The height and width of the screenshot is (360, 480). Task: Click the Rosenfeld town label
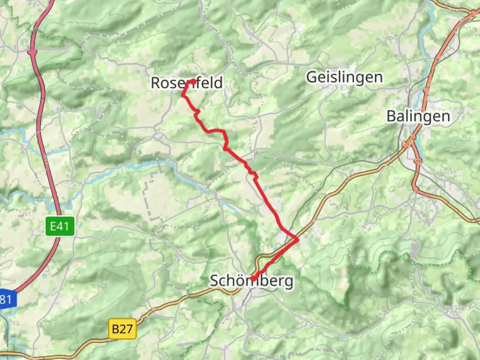click(187, 83)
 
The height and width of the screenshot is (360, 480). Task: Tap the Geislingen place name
click(344, 77)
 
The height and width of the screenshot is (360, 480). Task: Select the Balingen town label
click(418, 116)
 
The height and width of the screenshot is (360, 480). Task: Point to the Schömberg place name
click(252, 281)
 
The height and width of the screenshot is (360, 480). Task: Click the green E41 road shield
click(60, 227)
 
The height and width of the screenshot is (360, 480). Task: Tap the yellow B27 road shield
click(122, 329)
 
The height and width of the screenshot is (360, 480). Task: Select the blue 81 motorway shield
click(6, 299)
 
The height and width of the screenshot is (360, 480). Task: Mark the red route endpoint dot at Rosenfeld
click(194, 81)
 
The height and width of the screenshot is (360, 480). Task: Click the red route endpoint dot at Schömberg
click(253, 278)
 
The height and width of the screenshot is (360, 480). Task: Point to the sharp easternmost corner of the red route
click(298, 239)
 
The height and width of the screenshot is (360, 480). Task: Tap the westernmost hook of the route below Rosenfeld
click(183, 96)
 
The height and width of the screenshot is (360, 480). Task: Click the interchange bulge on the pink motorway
click(32, 52)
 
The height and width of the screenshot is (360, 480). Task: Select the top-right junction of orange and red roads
click(474, 13)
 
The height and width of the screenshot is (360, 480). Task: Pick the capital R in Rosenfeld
click(156, 83)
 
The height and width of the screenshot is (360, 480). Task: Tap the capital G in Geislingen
click(311, 77)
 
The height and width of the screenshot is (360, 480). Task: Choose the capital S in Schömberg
click(215, 281)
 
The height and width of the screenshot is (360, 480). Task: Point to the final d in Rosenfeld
click(218, 83)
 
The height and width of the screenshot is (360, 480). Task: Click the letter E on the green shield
click(54, 227)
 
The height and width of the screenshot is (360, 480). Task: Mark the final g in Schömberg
click(289, 282)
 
